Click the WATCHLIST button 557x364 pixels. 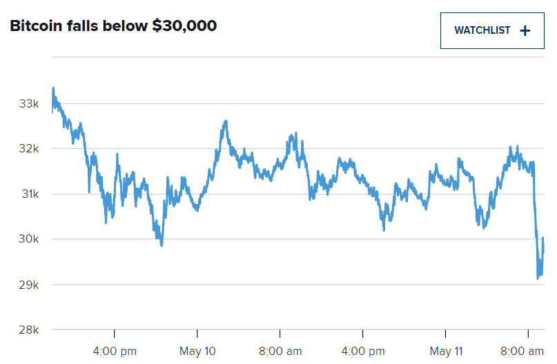pos(491,30)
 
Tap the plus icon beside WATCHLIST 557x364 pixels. pos(525,30)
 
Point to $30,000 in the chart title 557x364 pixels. pos(184,26)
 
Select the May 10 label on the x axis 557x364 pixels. pos(197,351)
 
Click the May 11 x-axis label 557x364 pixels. pos(446,351)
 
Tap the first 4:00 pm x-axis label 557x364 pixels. pos(114,351)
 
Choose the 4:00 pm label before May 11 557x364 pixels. pos(363,351)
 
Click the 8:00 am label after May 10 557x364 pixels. pos(280,351)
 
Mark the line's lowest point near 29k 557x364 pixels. pos(538,279)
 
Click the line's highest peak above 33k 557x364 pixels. pos(53,88)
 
